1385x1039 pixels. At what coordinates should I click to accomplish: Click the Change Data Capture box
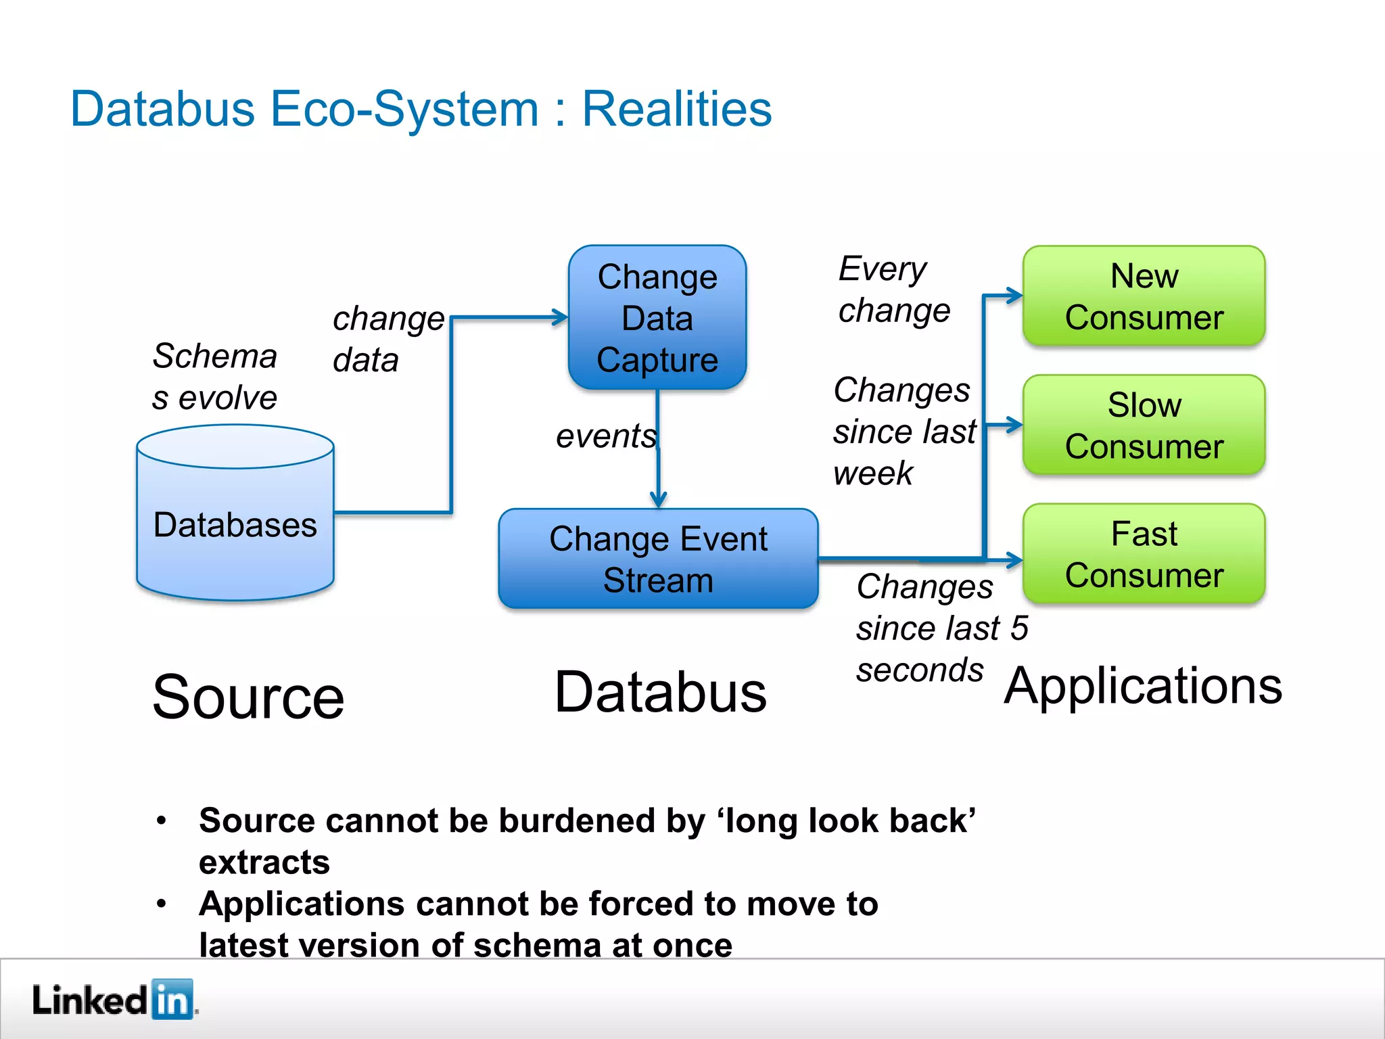(x=657, y=318)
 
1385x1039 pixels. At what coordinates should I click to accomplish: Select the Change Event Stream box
(x=658, y=559)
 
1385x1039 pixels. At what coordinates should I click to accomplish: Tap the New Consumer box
(x=1144, y=296)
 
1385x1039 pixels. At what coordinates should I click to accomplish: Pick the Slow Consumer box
(x=1144, y=425)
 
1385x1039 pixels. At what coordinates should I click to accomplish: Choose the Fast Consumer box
(x=1144, y=554)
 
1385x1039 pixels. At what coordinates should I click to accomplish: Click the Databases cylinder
(x=235, y=514)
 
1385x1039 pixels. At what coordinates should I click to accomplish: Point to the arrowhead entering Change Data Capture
(x=560, y=317)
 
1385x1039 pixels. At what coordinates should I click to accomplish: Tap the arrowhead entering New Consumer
(x=1014, y=296)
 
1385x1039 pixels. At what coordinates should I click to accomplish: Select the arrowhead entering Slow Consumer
(x=1014, y=425)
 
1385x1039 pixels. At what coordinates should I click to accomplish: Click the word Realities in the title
(x=676, y=109)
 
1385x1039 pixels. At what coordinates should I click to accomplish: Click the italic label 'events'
(x=606, y=436)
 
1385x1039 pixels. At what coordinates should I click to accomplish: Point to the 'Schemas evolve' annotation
(x=214, y=377)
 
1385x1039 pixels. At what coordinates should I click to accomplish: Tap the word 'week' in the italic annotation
(x=872, y=473)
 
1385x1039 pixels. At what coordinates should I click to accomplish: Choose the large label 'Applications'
(x=1143, y=686)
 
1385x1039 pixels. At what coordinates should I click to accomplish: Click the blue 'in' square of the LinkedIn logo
(x=172, y=999)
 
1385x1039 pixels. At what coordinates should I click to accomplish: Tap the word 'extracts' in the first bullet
(x=264, y=862)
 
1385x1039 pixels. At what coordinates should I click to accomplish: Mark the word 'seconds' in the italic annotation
(x=920, y=670)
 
